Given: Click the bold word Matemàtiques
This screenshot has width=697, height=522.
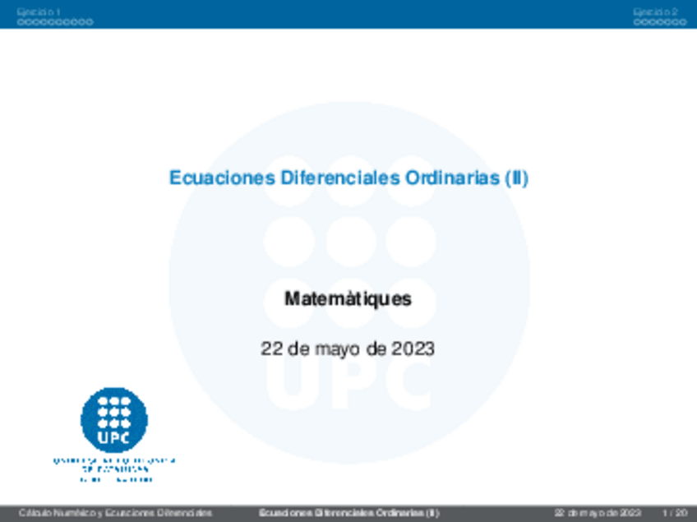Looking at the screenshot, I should pos(348,299).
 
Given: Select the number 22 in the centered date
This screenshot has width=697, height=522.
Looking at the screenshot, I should pos(271,349).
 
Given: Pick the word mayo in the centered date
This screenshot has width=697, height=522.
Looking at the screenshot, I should pos(338,349).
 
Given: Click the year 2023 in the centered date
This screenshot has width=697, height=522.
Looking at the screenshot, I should pos(412,349).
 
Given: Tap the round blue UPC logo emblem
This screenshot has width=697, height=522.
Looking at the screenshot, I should pos(114,419).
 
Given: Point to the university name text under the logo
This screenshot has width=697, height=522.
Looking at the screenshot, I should pos(114,469).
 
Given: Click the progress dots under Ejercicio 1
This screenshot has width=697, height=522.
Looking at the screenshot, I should pos(55,22).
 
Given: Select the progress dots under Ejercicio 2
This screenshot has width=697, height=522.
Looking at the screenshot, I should pos(660,22).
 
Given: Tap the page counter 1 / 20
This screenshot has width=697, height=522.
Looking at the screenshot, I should pos(673,513).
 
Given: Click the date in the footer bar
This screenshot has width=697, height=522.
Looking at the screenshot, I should pos(597,513).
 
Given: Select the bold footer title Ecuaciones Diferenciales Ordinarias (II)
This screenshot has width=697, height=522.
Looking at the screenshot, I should pos(348,513).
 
